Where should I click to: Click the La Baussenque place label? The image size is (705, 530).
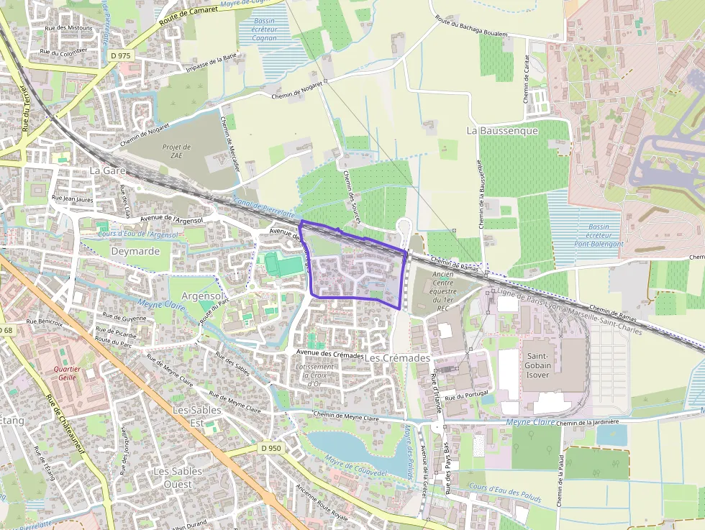point(502,131)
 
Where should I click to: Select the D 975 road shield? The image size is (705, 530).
point(121,55)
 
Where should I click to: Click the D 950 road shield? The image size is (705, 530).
point(271,448)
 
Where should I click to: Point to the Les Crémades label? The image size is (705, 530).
point(397,357)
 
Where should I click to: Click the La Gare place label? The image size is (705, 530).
point(108,171)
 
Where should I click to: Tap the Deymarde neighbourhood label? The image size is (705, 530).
point(135,251)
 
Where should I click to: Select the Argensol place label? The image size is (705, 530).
point(204,296)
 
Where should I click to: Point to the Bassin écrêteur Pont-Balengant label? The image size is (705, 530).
point(598,235)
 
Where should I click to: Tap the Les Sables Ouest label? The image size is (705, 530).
point(178,478)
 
